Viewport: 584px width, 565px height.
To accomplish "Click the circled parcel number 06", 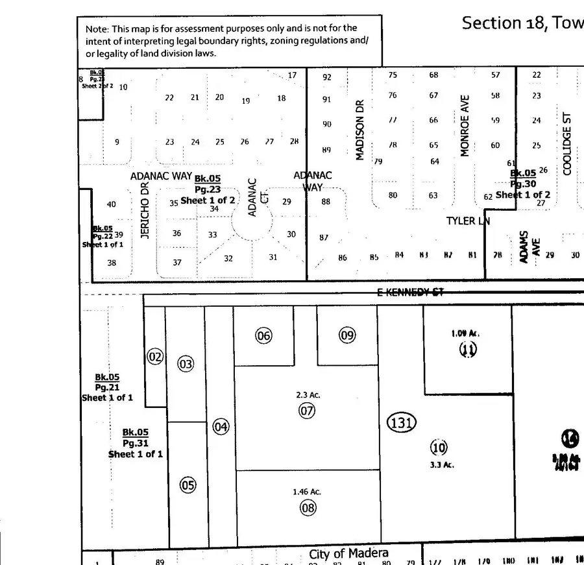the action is pyautogui.click(x=263, y=335).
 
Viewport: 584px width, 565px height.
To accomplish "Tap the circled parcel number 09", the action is pyautogui.click(x=347, y=335).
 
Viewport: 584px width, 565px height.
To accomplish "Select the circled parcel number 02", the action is pyautogui.click(x=154, y=356).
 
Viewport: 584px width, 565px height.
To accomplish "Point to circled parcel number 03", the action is pyautogui.click(x=186, y=364).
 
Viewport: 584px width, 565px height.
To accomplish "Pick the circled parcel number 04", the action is pyautogui.click(x=221, y=426).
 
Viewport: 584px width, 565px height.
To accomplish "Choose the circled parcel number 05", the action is pyautogui.click(x=188, y=485).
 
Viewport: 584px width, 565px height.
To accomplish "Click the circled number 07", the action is pyautogui.click(x=306, y=410).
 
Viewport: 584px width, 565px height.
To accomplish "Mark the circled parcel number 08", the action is pyautogui.click(x=308, y=507).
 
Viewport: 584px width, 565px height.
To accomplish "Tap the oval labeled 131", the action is pyautogui.click(x=401, y=423).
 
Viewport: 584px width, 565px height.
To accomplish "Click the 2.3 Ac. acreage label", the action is pyautogui.click(x=308, y=394).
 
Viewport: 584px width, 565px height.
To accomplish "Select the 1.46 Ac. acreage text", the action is pyautogui.click(x=307, y=492).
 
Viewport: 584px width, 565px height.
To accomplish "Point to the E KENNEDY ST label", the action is pyautogui.click(x=411, y=293).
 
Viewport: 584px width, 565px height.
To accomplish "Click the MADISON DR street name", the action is pyautogui.click(x=361, y=130).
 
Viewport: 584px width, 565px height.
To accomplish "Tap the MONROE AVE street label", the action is pyautogui.click(x=465, y=126).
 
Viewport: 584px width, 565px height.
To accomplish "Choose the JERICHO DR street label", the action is pyautogui.click(x=145, y=210).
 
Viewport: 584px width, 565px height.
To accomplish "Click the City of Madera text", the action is pyautogui.click(x=348, y=553).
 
